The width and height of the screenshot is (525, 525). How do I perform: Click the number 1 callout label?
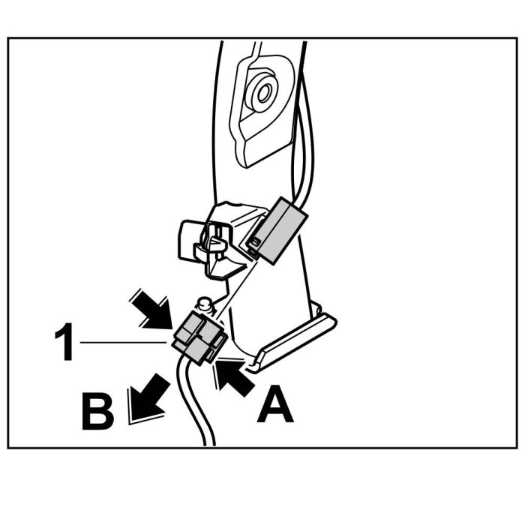click(x=64, y=344)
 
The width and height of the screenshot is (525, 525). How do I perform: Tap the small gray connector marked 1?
click(x=197, y=337)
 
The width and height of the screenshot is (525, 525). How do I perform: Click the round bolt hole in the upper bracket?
click(x=262, y=94)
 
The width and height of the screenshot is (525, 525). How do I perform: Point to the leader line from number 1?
click(x=124, y=342)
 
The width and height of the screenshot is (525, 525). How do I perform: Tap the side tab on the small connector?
click(x=219, y=345)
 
